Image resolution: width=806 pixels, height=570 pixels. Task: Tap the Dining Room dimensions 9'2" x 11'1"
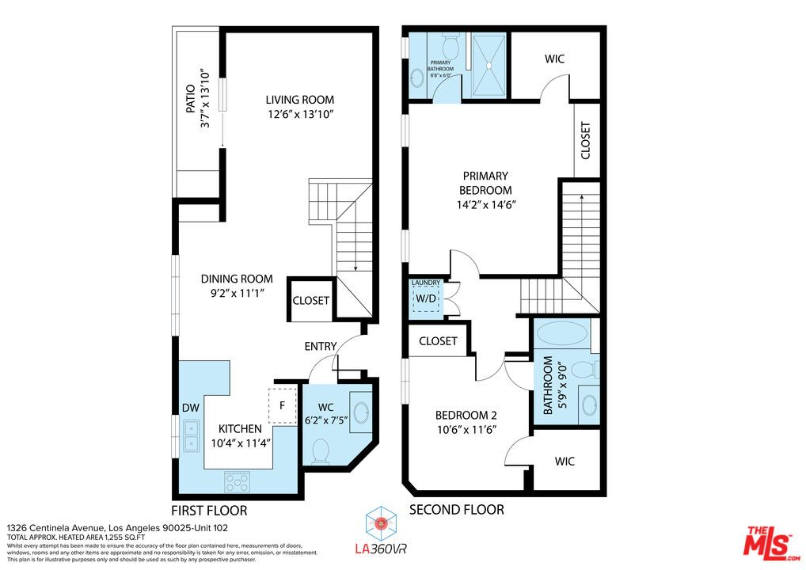pos(236,293)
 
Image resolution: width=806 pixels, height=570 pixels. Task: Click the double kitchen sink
pos(192,435)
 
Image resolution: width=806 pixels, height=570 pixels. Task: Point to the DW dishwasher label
pos(190,408)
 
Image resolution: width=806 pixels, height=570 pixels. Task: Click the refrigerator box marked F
pos(282,405)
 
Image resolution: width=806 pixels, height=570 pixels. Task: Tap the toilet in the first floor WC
pos(321,451)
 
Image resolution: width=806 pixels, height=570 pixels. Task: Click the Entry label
pos(321,346)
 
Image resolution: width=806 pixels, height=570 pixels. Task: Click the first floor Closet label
pos(311,301)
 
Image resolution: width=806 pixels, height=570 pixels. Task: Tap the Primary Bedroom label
pos(485,183)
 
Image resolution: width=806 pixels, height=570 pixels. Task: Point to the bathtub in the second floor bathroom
pos(562,332)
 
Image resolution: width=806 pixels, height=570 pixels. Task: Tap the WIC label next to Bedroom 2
pos(565,461)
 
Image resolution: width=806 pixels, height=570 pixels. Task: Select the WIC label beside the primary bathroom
pos(554,59)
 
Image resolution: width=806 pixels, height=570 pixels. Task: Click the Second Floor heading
pos(456,510)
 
